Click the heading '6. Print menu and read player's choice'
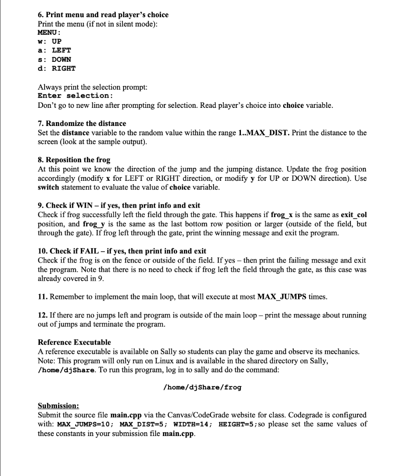click(103, 14)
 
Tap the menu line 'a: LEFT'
click(54, 50)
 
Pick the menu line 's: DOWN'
click(54, 59)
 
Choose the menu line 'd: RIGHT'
click(56, 68)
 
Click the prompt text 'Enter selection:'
click(75, 96)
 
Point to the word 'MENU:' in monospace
click(49, 32)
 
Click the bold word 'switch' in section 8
click(48, 187)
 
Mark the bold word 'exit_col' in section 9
click(354, 214)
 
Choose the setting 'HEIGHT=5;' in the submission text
click(236, 423)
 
